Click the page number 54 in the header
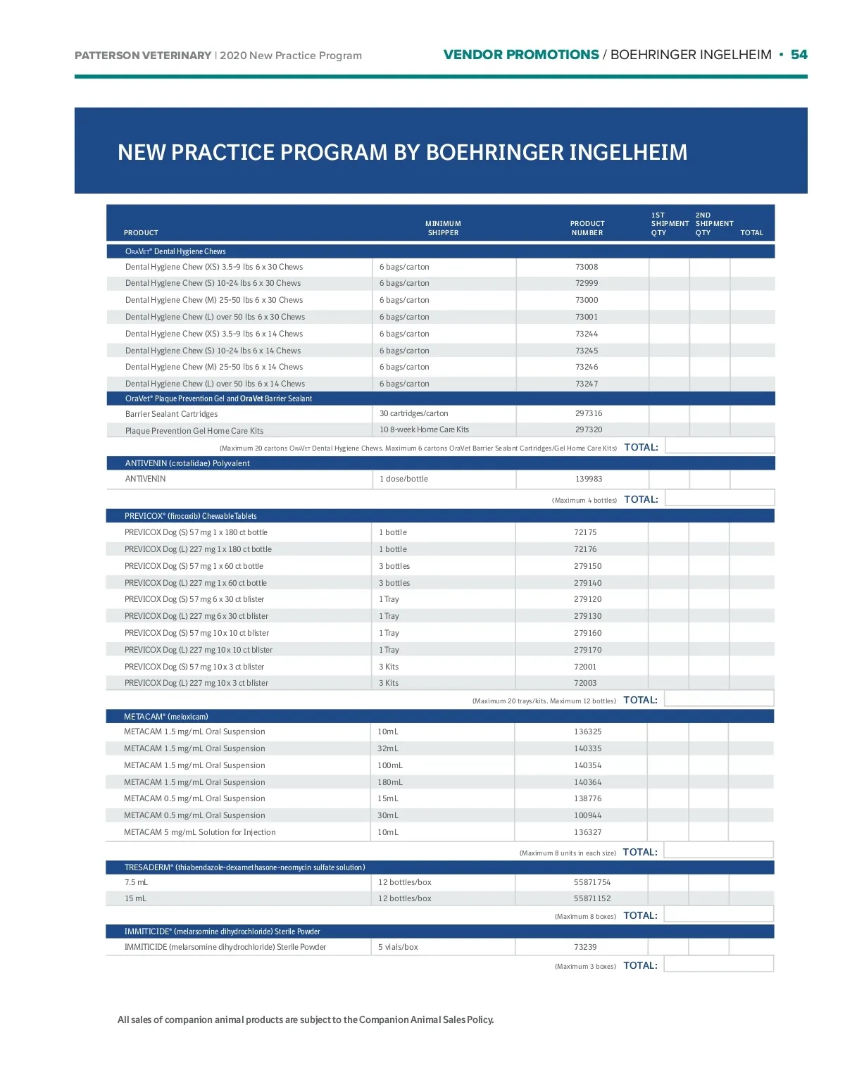tap(799, 55)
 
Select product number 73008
tap(587, 267)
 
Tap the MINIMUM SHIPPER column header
tap(443, 228)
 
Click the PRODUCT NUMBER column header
tap(587, 228)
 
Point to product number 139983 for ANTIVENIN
tap(589, 479)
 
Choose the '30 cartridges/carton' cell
tap(414, 413)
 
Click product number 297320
tap(589, 429)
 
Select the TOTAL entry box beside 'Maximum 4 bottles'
tap(719, 498)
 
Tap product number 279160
tap(587, 633)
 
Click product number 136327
tap(587, 832)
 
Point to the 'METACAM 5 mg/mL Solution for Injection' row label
tap(200, 832)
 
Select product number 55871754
tap(592, 882)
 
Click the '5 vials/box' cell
tap(398, 947)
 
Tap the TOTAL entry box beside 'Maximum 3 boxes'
tap(718, 965)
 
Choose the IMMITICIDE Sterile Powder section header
tap(223, 931)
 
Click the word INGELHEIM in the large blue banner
tap(627, 152)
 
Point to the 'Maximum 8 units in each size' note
tap(568, 853)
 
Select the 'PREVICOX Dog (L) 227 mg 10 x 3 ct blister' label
tap(196, 683)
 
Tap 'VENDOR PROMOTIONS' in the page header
tap(521, 55)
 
